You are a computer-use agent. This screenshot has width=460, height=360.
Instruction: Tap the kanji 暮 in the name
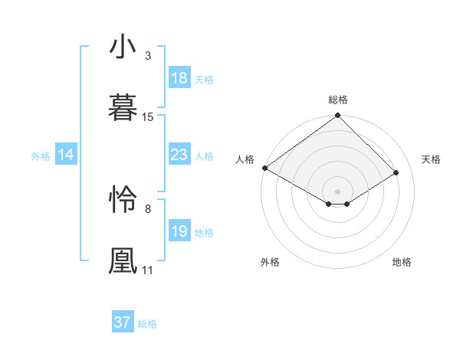click(x=123, y=106)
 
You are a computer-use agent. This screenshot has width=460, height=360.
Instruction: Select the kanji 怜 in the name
click(x=123, y=199)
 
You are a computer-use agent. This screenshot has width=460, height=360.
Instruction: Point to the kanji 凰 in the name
click(x=123, y=260)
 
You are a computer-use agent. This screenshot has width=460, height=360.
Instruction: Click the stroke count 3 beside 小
click(x=148, y=56)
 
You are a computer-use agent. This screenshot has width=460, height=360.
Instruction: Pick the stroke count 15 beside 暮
click(x=148, y=116)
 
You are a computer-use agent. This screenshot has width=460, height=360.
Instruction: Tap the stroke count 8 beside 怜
click(x=148, y=208)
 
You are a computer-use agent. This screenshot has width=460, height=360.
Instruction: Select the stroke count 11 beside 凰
click(x=148, y=270)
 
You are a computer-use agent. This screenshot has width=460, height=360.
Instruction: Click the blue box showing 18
click(x=179, y=78)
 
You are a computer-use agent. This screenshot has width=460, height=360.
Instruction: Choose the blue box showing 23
click(x=179, y=155)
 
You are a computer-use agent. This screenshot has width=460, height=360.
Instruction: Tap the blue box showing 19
click(x=179, y=231)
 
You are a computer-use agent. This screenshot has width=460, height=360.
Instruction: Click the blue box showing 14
click(x=66, y=155)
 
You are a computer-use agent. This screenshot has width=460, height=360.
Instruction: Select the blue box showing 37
click(x=122, y=322)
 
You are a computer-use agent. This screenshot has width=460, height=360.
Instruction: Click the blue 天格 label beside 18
click(x=204, y=79)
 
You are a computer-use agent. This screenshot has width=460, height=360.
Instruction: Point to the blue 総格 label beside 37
click(x=147, y=324)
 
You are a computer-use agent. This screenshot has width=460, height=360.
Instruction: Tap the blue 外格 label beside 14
click(x=41, y=155)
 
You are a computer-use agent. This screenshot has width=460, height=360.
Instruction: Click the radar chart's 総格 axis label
click(x=337, y=100)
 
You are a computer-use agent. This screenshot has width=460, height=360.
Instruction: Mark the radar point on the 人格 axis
click(x=264, y=168)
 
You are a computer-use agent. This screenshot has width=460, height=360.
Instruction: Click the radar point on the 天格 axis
click(x=397, y=172)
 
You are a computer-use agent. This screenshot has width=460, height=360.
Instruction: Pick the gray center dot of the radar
click(x=337, y=191)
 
